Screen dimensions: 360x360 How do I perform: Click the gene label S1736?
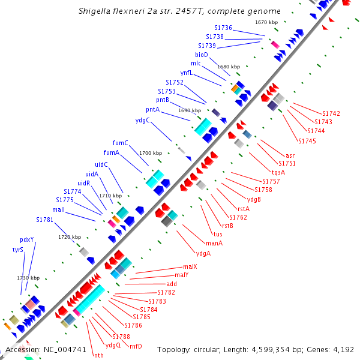[x=223, y=28]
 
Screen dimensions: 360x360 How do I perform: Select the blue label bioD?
[x=202, y=55]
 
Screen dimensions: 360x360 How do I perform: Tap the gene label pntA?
[x=153, y=110]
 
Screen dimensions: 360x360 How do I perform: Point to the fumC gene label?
[x=121, y=143]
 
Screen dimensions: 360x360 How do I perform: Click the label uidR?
[x=83, y=183]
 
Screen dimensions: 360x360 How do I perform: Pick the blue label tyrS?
[x=18, y=249]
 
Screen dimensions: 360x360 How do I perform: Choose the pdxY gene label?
[x=27, y=239]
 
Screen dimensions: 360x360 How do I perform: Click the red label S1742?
[x=331, y=113]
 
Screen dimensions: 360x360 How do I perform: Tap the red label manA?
[x=214, y=243]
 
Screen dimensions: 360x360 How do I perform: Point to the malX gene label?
[x=190, y=266]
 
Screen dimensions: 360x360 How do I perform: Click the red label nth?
[x=98, y=355]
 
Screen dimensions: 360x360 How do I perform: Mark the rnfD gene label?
[x=136, y=346]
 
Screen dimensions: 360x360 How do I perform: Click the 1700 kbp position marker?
[x=151, y=153]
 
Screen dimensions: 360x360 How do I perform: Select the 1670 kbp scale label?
[x=266, y=22]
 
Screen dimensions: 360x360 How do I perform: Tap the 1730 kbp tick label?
[x=28, y=278]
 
